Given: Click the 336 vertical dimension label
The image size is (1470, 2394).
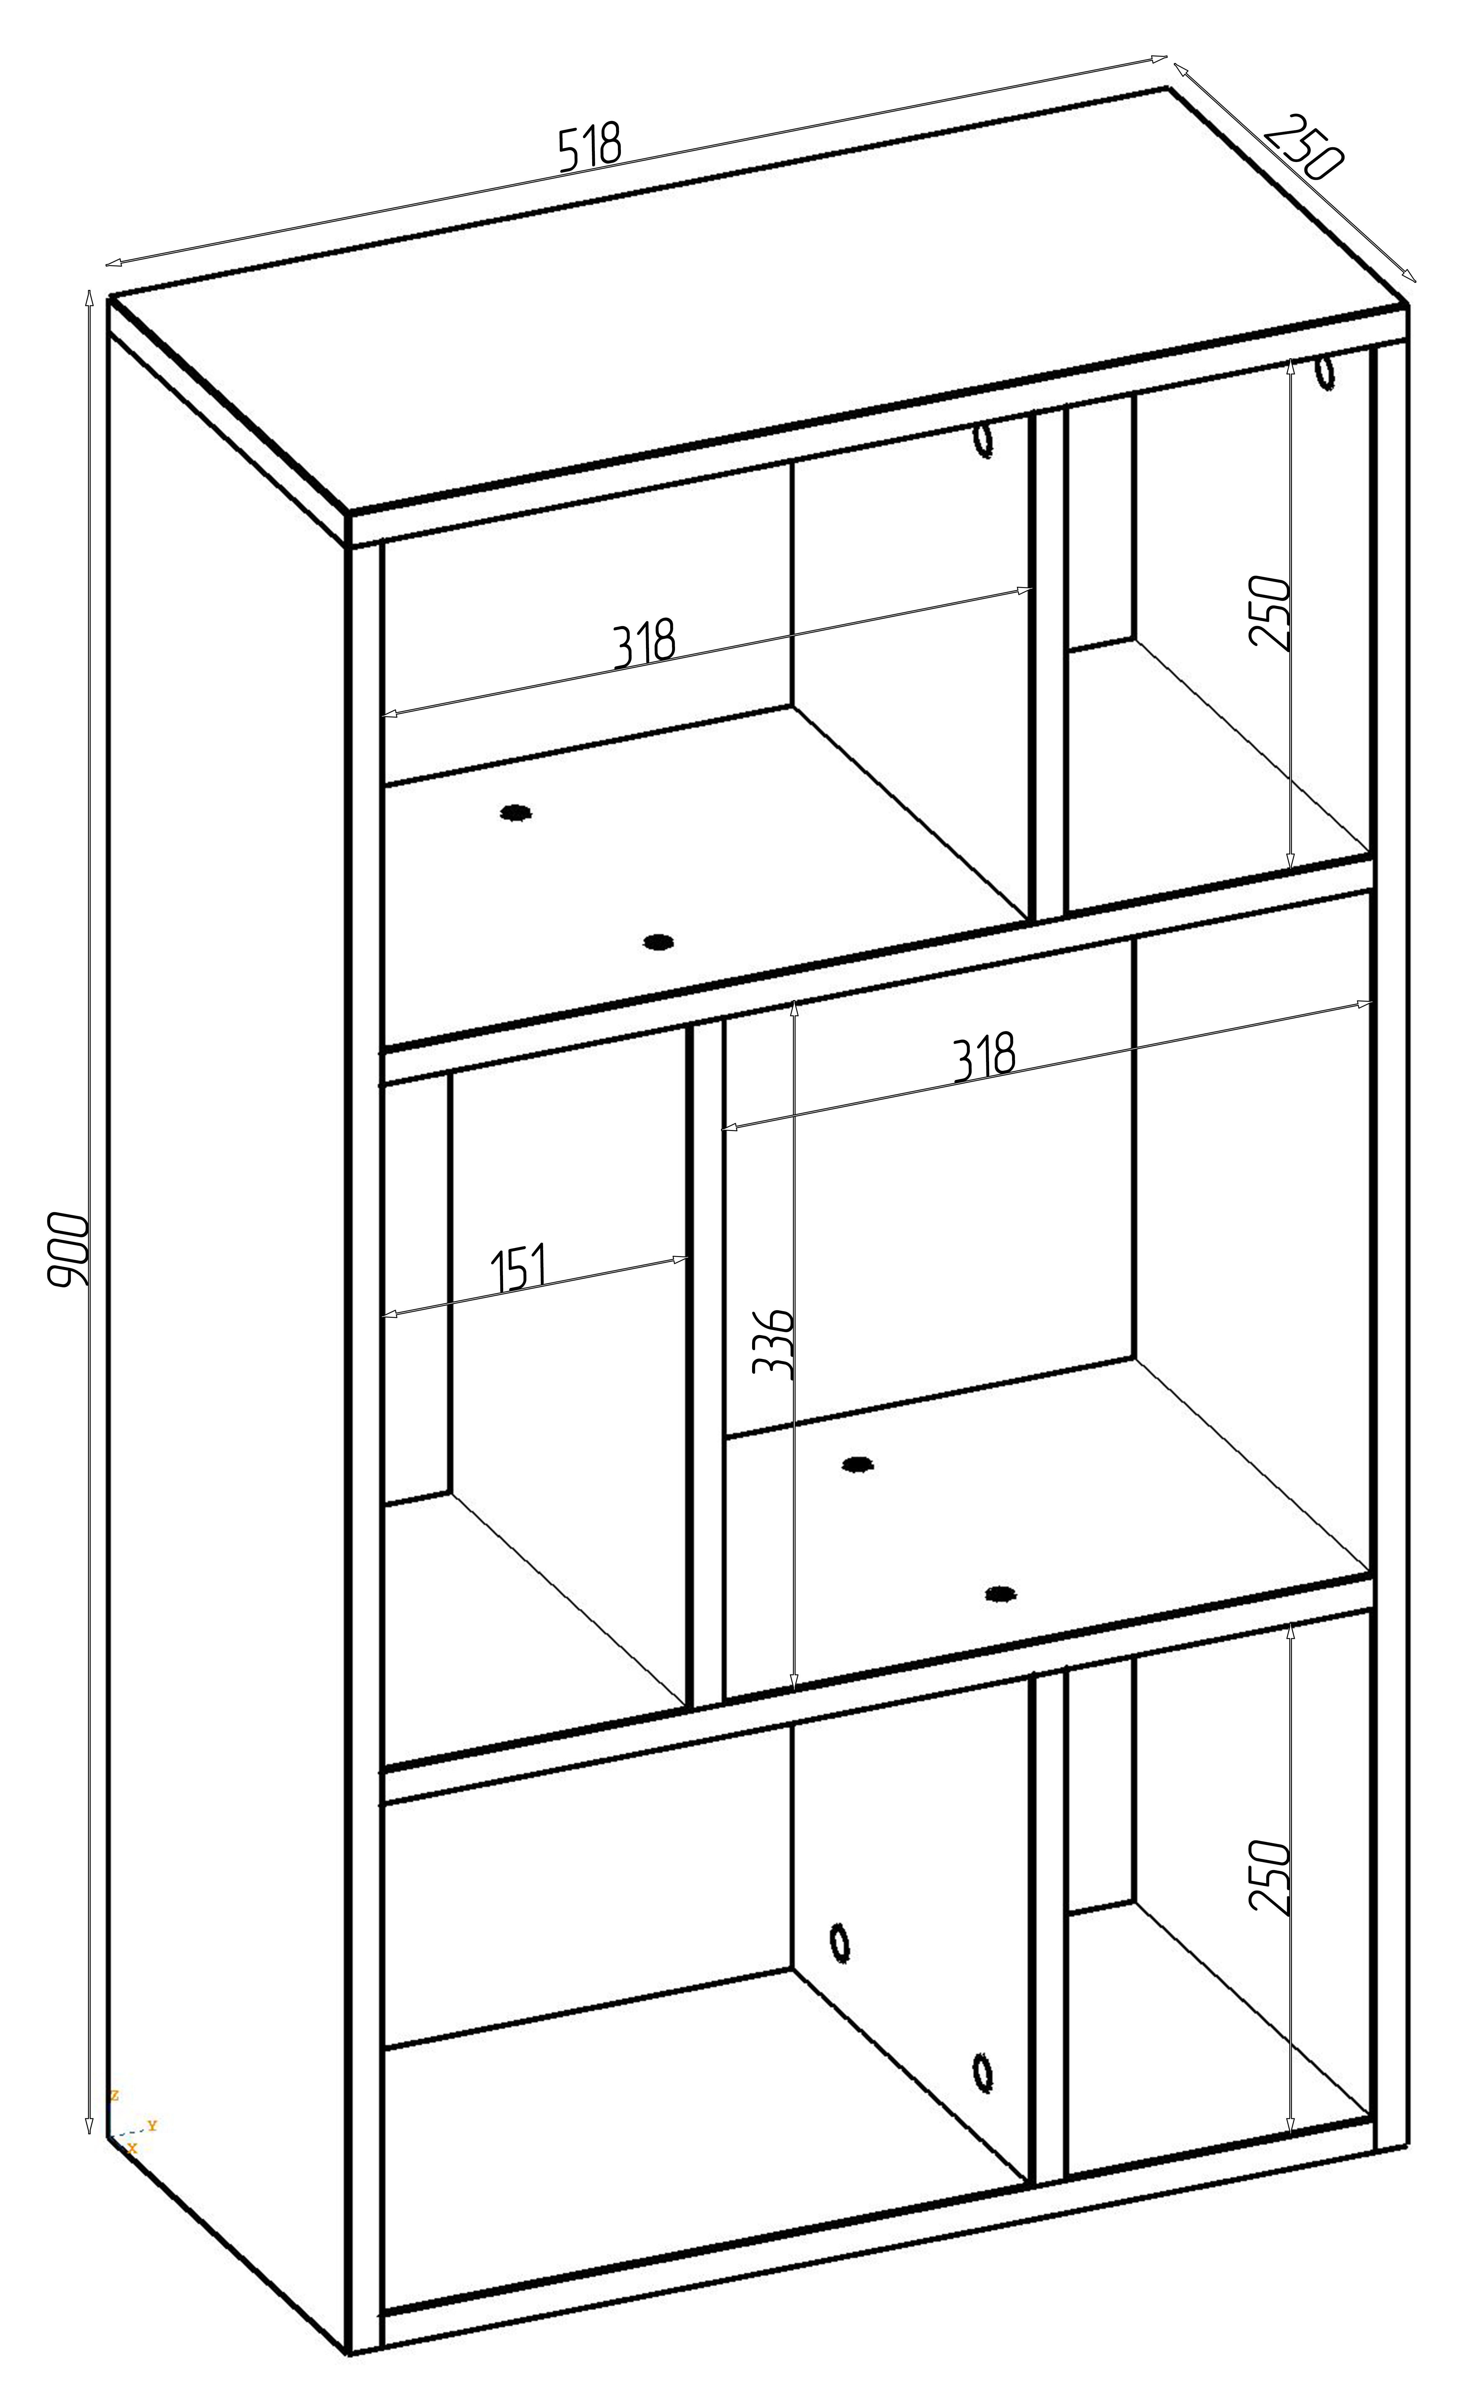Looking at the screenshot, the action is pos(775,1344).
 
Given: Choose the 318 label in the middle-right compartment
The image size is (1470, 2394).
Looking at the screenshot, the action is pos(984,1057).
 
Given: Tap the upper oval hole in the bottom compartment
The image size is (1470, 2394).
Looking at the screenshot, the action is pos(840,1942).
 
